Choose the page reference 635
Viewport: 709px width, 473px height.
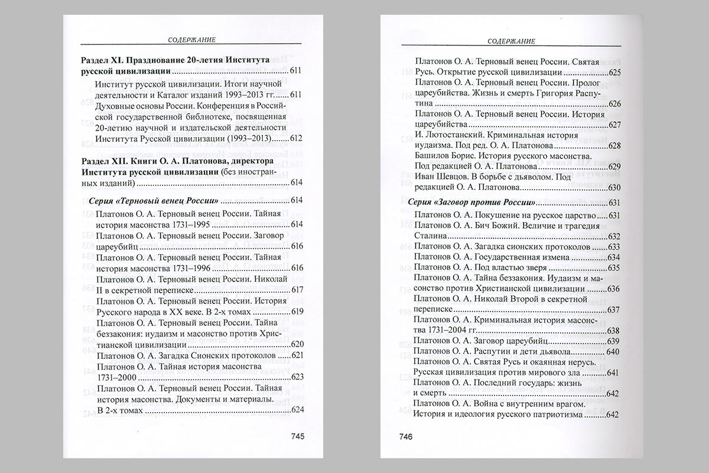coord(613,267)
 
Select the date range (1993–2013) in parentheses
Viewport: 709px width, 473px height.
coord(240,138)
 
